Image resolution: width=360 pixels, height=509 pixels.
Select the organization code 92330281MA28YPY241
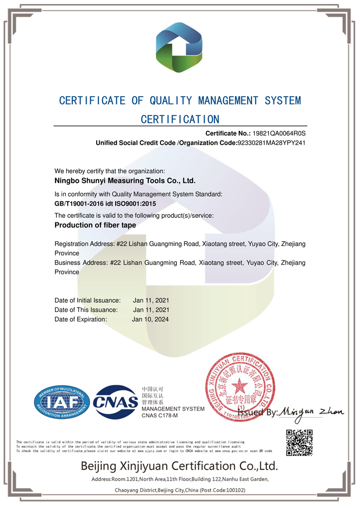point(271,143)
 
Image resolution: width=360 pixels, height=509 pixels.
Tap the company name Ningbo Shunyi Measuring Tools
point(125,180)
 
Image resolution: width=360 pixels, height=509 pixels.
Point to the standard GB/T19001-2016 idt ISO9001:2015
point(105,204)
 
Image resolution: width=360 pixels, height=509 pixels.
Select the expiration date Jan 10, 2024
point(150,319)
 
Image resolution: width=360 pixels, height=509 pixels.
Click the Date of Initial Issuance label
point(88,300)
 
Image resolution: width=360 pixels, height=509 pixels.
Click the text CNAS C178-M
point(159,416)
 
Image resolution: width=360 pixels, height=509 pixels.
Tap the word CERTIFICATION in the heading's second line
point(180,120)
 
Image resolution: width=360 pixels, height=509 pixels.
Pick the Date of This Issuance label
point(86,309)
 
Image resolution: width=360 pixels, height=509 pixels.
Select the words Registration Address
point(84,244)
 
